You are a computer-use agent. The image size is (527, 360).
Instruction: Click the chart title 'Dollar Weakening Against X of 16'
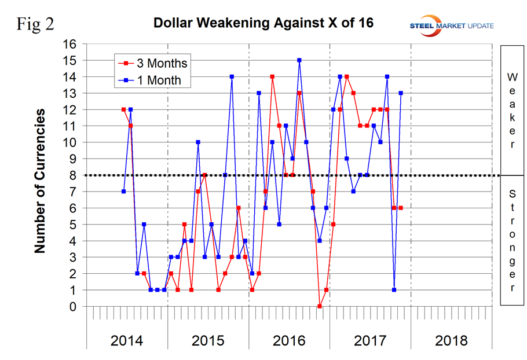tap(263, 24)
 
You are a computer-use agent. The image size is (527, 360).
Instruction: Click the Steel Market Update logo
tap(451, 24)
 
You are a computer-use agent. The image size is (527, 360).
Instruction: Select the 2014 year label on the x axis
tap(127, 340)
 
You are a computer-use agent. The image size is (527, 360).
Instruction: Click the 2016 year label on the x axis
tap(289, 340)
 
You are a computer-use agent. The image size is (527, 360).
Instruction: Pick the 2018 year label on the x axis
tap(451, 340)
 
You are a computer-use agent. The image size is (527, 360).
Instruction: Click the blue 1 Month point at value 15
tap(299, 60)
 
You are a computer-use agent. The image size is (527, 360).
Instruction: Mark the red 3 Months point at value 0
tap(320, 306)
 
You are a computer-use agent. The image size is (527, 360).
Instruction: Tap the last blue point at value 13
tap(401, 93)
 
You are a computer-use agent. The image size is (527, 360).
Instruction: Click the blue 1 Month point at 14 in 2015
tap(232, 76)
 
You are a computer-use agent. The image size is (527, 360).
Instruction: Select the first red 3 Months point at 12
tap(123, 109)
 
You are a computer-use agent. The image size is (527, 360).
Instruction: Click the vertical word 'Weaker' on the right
tap(512, 110)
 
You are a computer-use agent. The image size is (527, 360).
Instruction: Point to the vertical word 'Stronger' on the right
tap(512, 240)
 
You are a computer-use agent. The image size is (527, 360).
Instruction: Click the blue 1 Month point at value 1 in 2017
tap(394, 289)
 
